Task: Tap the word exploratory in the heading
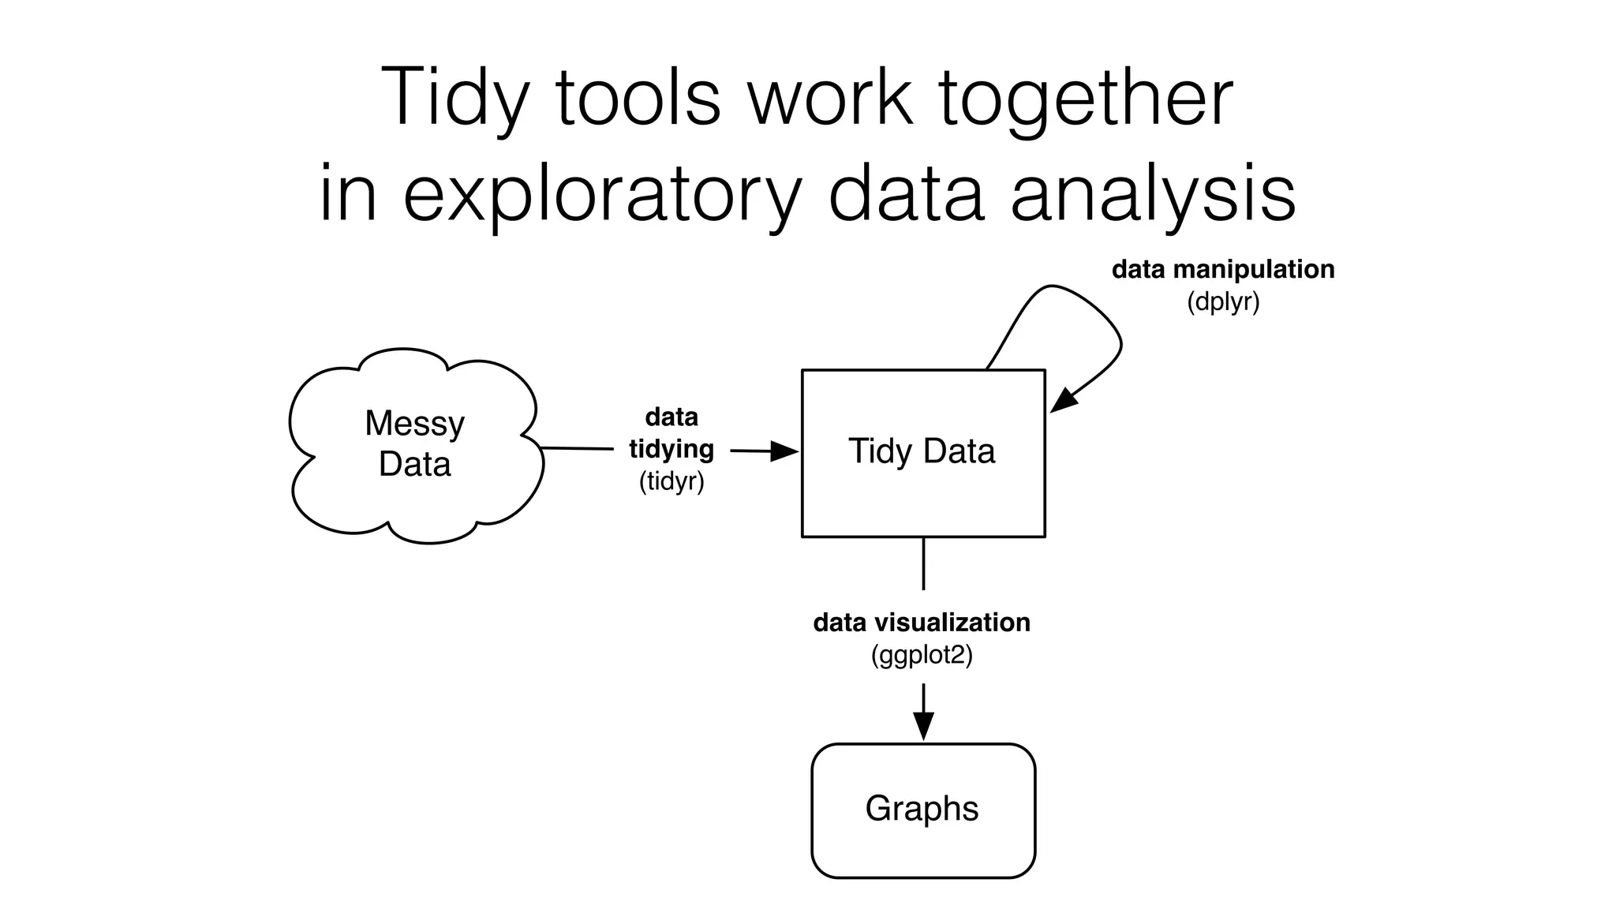602,195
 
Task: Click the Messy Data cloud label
414,443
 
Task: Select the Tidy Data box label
922,451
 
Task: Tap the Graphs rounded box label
922,809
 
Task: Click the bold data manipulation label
1222,270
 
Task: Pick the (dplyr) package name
1222,302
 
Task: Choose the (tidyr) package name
671,481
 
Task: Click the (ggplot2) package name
922,655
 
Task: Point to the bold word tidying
671,449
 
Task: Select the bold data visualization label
922,623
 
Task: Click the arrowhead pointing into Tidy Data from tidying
785,451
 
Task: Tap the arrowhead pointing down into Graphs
923,726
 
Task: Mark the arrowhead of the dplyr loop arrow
1063,400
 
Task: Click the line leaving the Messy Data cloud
576,449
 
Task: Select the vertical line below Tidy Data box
923,563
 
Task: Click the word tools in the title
638,99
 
